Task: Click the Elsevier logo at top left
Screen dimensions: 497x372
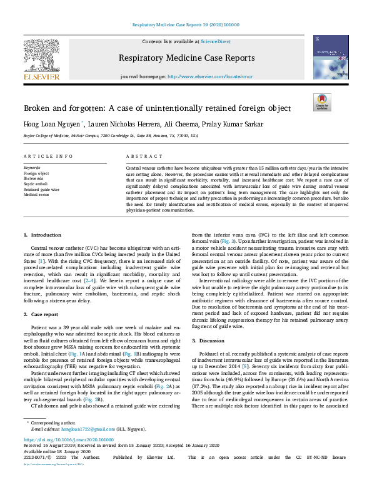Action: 42,59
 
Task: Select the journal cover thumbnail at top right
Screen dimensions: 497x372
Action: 331,57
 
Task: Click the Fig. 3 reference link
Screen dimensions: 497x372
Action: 230,240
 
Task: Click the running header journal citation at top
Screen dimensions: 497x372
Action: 186,25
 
